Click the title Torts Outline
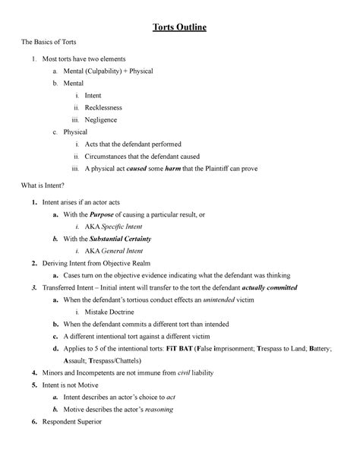179,29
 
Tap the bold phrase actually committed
264,288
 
